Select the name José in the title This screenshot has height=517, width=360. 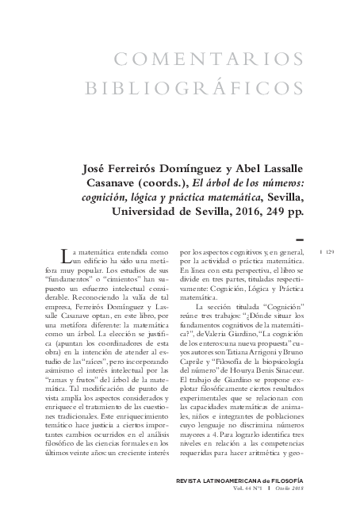click(98, 167)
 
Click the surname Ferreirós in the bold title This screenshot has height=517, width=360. click(145, 167)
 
